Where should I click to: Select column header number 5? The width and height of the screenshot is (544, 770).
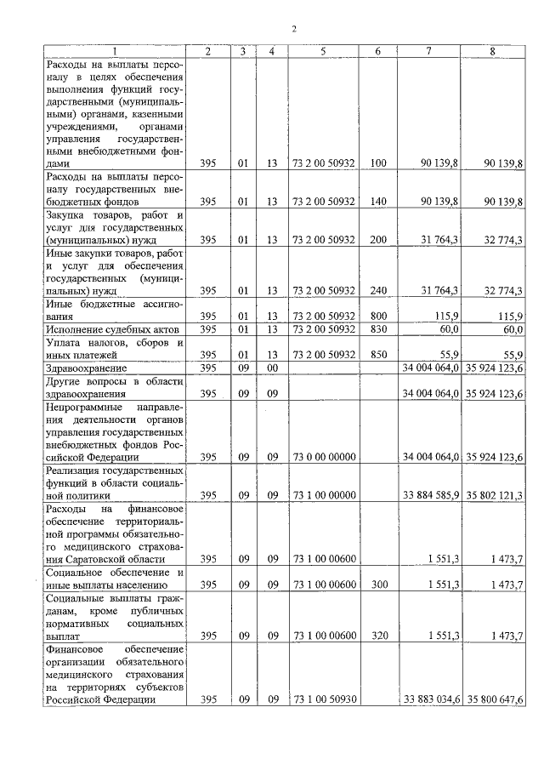click(x=323, y=52)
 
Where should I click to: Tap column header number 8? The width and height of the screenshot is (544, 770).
click(x=492, y=52)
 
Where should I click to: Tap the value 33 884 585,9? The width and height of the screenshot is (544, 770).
click(x=428, y=494)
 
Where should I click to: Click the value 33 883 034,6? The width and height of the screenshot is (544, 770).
click(x=428, y=699)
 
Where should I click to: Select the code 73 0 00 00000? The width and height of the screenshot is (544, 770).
click(x=323, y=456)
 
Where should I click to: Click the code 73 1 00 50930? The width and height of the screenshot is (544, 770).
click(x=323, y=699)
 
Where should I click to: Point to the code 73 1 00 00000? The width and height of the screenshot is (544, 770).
click(x=323, y=494)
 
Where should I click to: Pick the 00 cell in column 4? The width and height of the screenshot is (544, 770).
click(x=272, y=368)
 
